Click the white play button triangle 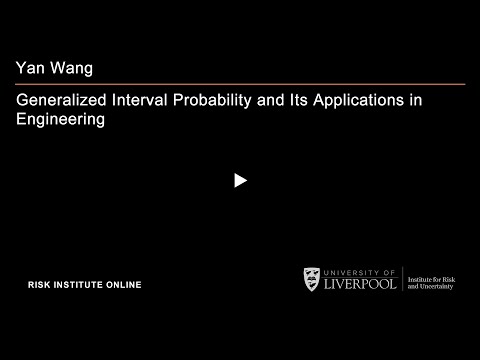pyautogui.click(x=240, y=181)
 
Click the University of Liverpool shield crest pyautogui.click(x=313, y=279)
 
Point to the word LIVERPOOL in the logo pyautogui.click(x=361, y=284)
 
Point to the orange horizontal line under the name pyautogui.click(x=240, y=84)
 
